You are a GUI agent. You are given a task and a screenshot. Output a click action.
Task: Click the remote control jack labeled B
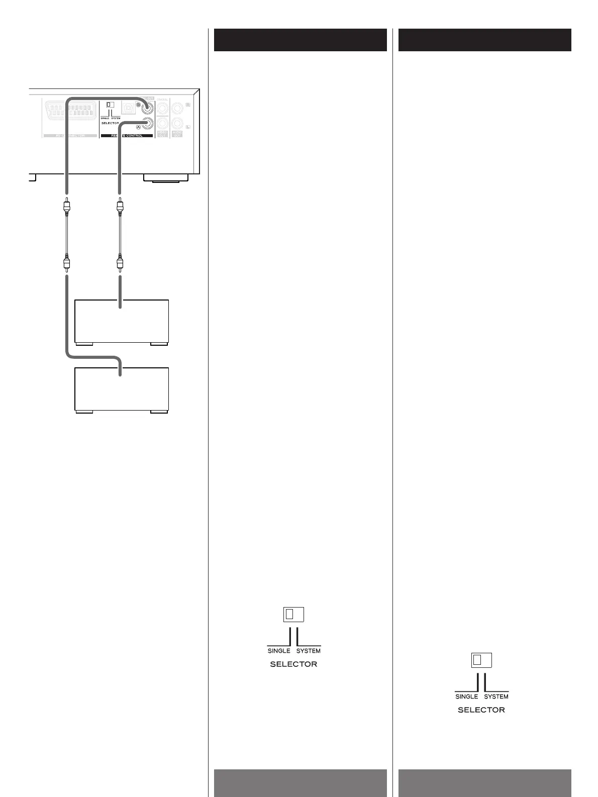pyautogui.click(x=148, y=107)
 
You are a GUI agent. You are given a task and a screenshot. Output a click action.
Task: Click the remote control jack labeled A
pyautogui.click(x=148, y=124)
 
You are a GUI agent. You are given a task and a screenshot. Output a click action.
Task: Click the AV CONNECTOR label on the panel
pyautogui.click(x=70, y=136)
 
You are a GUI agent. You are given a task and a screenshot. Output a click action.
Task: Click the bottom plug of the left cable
pyautogui.click(x=66, y=263)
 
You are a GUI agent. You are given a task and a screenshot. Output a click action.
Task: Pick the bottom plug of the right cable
pyautogui.click(x=120, y=263)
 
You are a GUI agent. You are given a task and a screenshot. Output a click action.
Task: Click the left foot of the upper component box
pyautogui.click(x=84, y=344)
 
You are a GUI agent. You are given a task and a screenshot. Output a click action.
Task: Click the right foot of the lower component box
pyautogui.click(x=159, y=412)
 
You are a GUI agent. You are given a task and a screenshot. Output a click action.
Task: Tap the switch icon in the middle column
pyautogui.click(x=293, y=614)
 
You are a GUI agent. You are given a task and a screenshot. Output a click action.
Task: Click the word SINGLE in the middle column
pyautogui.click(x=279, y=651)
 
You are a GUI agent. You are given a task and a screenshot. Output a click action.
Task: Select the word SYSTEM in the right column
pyautogui.click(x=496, y=696)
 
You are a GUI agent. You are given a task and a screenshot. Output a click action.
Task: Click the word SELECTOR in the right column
pyautogui.click(x=481, y=710)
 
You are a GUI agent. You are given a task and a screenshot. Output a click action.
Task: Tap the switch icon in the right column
pyautogui.click(x=481, y=660)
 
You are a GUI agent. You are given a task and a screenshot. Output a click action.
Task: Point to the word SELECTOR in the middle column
pyautogui.click(x=293, y=664)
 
